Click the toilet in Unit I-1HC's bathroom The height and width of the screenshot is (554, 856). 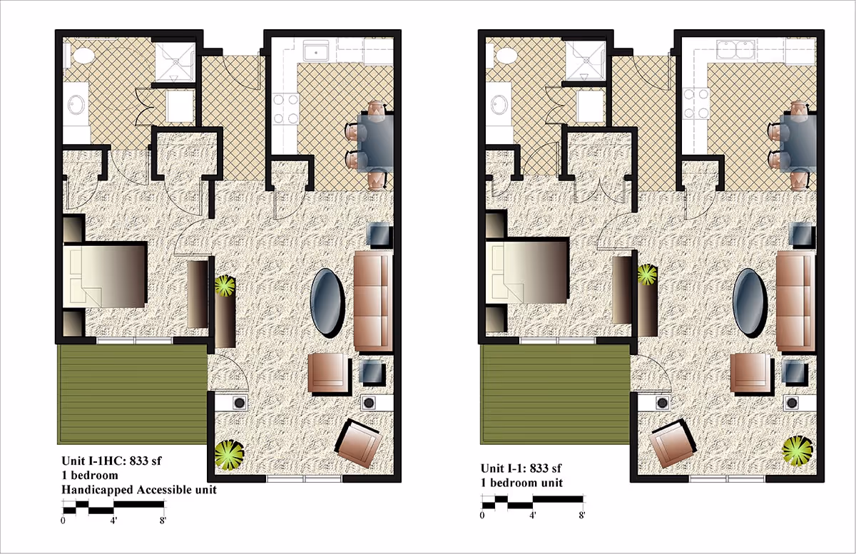[80, 55]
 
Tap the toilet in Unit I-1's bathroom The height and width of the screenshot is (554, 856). [503, 54]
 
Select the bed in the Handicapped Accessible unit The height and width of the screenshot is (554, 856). [107, 275]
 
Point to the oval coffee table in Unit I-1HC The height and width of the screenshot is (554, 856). [329, 302]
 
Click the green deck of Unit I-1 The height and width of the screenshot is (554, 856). [554, 392]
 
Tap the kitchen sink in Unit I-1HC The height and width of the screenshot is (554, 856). [314, 51]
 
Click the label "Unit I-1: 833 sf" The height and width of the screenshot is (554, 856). [521, 468]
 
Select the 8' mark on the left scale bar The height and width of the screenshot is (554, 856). [163, 520]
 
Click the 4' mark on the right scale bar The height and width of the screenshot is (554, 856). [532, 515]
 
